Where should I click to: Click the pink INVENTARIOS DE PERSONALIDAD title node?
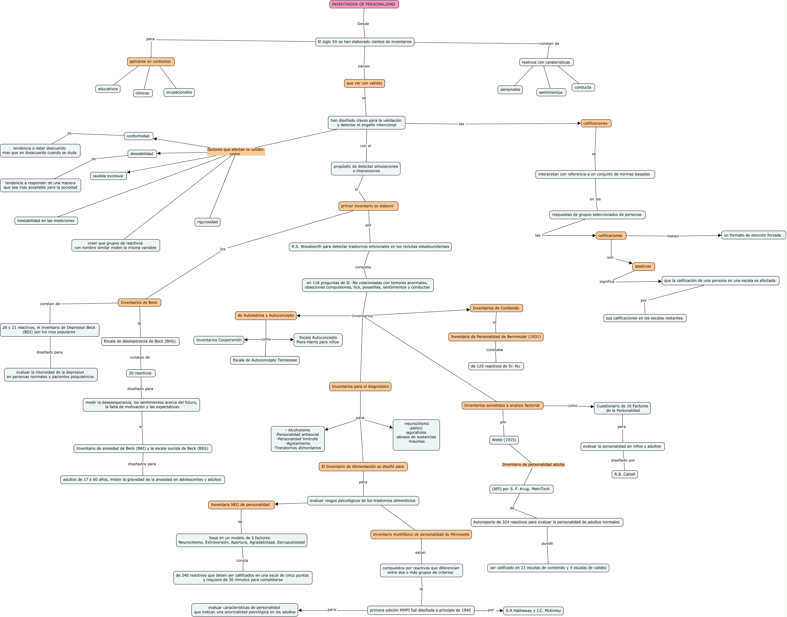click(364, 4)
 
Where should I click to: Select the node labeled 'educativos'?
click(108, 89)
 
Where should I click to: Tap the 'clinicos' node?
click(143, 93)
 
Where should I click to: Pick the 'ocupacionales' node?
click(179, 93)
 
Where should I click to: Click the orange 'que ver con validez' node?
click(364, 83)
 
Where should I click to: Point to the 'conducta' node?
click(583, 87)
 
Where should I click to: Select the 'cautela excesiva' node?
click(108, 176)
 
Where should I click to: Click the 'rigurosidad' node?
click(207, 222)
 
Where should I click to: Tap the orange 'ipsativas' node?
click(643, 267)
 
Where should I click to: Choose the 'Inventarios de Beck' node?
click(139, 303)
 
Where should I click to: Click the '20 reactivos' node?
click(140, 373)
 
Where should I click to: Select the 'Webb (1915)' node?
click(504, 440)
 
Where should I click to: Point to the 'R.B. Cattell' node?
click(625, 474)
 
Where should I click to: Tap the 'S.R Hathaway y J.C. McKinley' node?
click(533, 611)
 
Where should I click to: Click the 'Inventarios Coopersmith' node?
click(219, 340)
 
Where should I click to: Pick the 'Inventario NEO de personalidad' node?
click(241, 505)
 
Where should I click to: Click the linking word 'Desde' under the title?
click(363, 24)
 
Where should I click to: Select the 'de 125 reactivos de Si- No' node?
click(496, 366)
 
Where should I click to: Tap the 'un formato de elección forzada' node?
click(753, 235)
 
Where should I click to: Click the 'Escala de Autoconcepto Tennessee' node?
click(265, 360)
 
